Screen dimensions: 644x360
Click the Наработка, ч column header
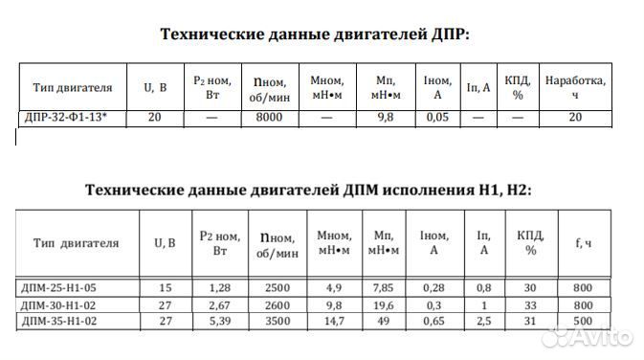pos(575,88)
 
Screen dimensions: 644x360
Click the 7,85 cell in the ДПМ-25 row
pos(384,287)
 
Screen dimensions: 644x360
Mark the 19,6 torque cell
pos(384,305)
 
